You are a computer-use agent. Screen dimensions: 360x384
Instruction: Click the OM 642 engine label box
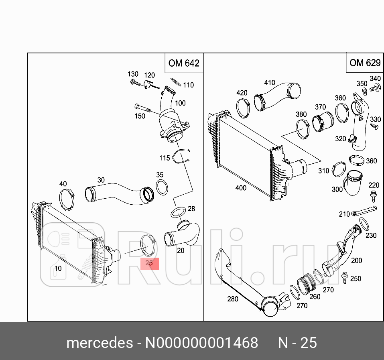pos(184,63)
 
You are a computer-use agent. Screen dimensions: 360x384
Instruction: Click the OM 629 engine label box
pos(364,63)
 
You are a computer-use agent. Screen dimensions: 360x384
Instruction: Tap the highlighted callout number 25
pos(149,263)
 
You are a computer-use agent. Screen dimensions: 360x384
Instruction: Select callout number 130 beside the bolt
pos(133,74)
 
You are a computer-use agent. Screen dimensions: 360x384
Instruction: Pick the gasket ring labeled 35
pos(161,187)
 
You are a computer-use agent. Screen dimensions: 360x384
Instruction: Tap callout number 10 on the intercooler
pos(59,268)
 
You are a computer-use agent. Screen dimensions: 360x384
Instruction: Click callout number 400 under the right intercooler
pos(241,188)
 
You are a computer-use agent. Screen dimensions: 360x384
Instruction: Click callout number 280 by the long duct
pos(232,299)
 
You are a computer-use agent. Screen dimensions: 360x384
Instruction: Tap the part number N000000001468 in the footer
pos(201,343)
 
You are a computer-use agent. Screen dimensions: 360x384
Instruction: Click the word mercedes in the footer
pos(100,343)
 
